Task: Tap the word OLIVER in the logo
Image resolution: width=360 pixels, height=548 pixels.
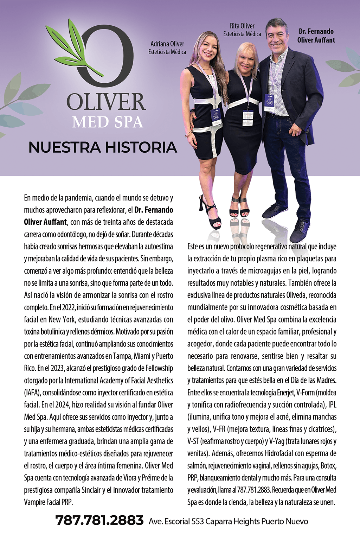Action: [x=106, y=102]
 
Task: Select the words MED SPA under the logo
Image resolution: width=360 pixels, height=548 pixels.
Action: [x=108, y=122]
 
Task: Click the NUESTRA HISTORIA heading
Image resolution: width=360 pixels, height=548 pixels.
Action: [x=103, y=147]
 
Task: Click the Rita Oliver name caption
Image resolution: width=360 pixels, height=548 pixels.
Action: [x=242, y=30]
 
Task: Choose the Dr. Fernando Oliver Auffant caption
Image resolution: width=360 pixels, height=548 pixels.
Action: [x=316, y=36]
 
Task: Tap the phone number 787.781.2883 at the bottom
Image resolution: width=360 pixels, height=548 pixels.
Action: [x=99, y=520]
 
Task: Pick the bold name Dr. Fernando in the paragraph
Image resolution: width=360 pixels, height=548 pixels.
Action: [x=154, y=210]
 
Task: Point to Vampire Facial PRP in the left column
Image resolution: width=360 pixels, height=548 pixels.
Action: [x=48, y=502]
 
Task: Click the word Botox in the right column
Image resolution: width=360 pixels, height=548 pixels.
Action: [x=328, y=466]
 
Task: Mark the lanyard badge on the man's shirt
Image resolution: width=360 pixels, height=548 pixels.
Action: [x=269, y=103]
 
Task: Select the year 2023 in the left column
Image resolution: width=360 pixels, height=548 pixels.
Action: [x=57, y=368]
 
